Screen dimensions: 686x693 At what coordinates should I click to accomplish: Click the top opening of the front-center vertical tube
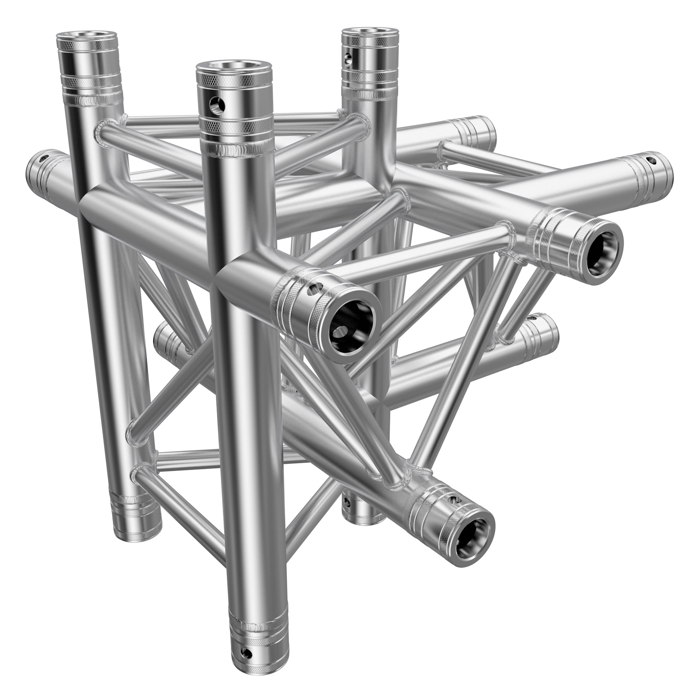coord(230,66)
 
